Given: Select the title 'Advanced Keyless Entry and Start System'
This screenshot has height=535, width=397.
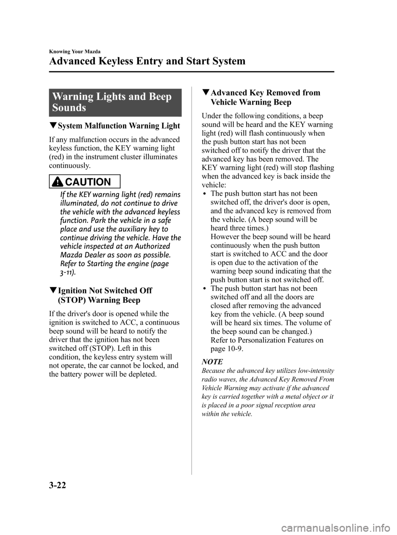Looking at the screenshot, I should [147, 62].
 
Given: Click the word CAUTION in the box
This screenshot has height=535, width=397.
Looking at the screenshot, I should [93, 182].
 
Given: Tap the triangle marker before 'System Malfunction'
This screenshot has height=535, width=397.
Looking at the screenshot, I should [52, 126].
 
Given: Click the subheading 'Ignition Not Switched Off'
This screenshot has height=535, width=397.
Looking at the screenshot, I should [105, 290].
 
